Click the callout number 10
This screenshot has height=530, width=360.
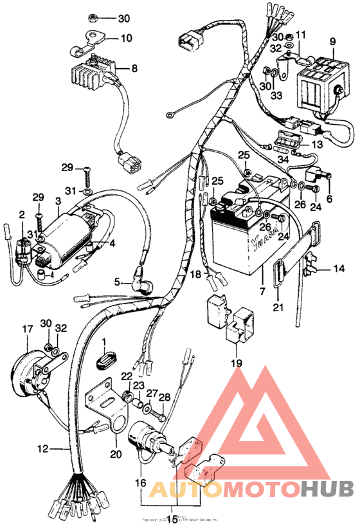(x=126, y=38)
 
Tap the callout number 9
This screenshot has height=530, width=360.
(x=333, y=42)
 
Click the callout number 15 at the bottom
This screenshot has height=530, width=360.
(x=172, y=520)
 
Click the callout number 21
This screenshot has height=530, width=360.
(x=277, y=307)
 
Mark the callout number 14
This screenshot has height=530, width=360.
(x=339, y=268)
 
